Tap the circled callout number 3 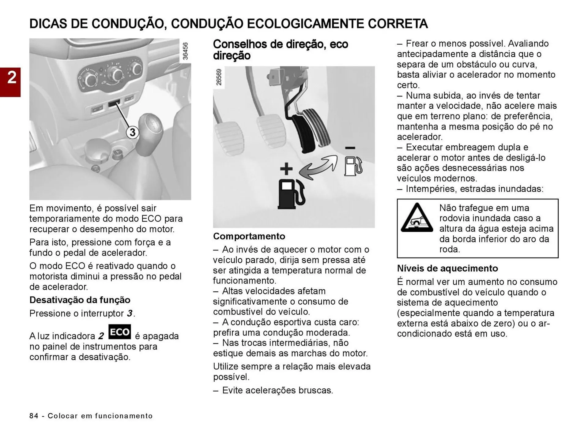[x=132, y=133]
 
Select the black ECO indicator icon [x=120, y=332]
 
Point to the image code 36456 [x=185, y=51]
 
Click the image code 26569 [x=219, y=77]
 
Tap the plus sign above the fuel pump [x=286, y=169]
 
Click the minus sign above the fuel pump [x=350, y=148]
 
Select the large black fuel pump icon [x=291, y=194]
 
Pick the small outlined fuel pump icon [x=353, y=166]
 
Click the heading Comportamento [x=249, y=236]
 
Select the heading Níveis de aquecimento [x=447, y=268]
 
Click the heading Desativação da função [x=80, y=300]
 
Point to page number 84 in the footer [x=34, y=416]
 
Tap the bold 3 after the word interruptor [x=130, y=313]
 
